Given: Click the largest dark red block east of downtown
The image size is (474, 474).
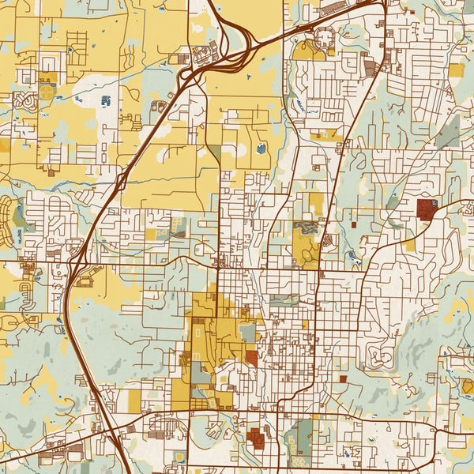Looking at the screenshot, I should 427,209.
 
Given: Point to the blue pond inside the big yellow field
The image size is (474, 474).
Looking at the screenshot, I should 261,149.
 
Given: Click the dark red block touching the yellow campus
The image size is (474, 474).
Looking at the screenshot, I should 251,358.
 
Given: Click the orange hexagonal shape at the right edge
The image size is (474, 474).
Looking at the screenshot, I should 468,386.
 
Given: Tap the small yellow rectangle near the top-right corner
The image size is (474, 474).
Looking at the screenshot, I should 456,70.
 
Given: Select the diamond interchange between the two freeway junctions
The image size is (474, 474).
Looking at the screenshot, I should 121,180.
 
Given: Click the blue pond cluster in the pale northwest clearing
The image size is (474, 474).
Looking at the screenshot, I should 105,100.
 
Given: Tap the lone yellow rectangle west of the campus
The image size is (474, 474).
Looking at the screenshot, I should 134,401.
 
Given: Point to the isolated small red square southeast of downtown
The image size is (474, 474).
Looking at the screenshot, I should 343,379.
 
